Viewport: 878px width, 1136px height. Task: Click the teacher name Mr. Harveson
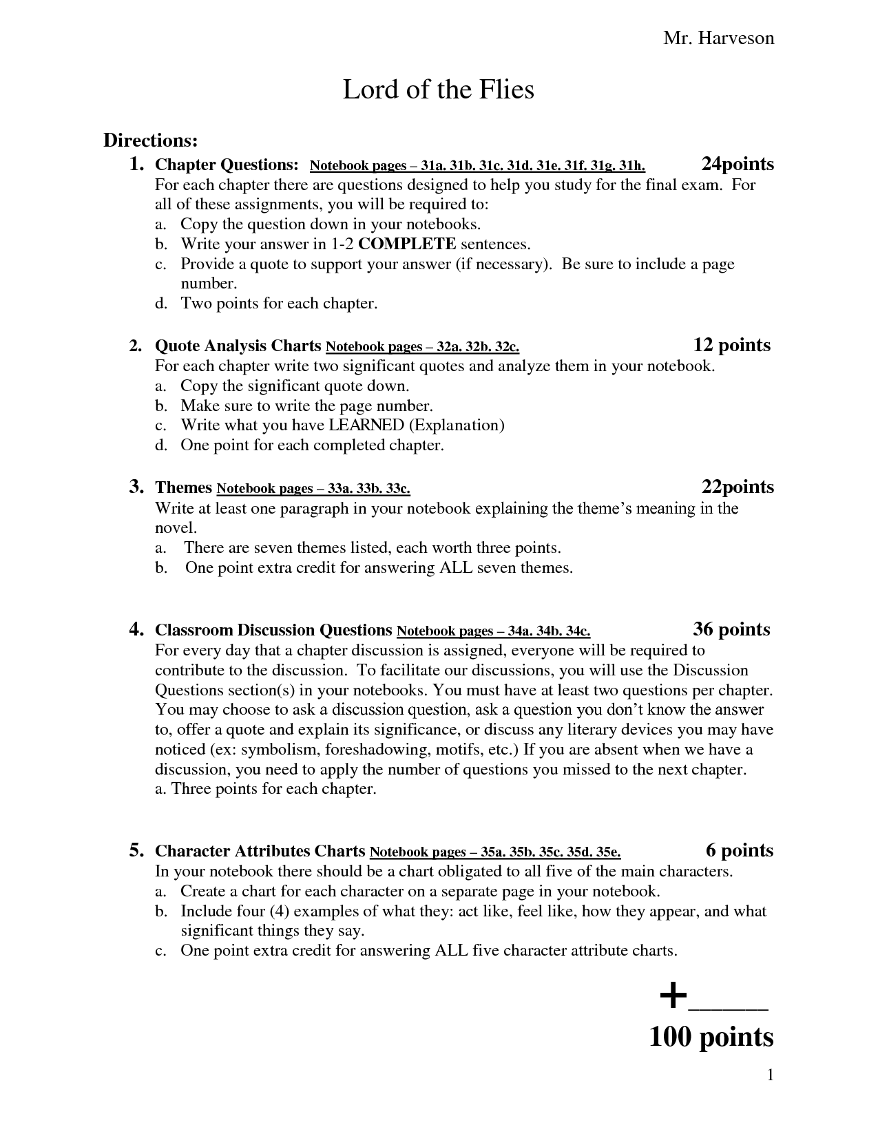[718, 39]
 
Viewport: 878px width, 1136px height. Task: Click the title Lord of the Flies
[438, 90]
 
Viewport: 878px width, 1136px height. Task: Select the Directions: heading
[151, 140]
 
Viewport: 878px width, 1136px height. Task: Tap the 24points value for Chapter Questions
[738, 165]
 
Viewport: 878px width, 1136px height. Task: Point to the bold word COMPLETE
[407, 244]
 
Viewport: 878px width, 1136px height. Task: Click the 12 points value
[731, 345]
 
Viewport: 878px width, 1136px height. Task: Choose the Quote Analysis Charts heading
[238, 346]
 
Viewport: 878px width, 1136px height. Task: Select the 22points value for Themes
[738, 487]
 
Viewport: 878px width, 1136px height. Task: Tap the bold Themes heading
[183, 487]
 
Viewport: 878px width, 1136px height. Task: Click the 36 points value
[731, 629]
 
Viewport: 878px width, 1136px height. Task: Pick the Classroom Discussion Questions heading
[273, 630]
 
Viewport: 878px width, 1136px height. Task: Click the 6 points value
[740, 851]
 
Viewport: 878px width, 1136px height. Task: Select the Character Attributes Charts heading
[260, 851]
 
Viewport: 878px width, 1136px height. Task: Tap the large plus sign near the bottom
[673, 996]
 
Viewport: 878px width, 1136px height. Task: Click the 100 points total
[711, 1037]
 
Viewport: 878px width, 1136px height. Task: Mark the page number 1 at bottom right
[771, 1075]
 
